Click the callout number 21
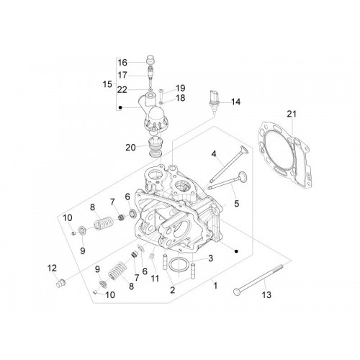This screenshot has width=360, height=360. (x=292, y=114)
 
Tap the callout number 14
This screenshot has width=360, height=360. (x=235, y=102)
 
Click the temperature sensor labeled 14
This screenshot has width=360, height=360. (x=212, y=100)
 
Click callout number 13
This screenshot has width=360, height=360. (x=266, y=294)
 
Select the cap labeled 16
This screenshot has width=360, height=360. (x=150, y=60)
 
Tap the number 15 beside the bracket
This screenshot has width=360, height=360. (x=107, y=84)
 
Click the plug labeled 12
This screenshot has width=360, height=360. (x=60, y=283)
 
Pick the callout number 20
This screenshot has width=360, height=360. (x=130, y=148)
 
